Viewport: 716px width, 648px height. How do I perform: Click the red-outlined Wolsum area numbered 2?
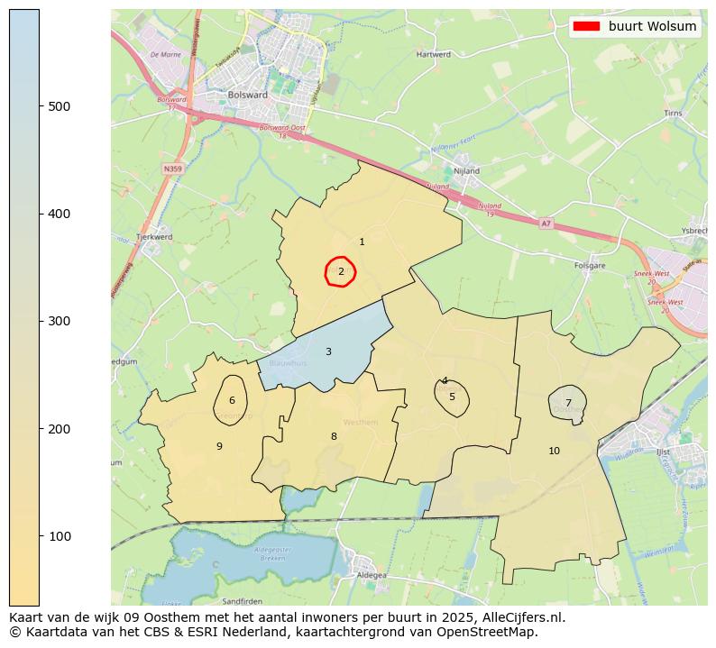point(341,271)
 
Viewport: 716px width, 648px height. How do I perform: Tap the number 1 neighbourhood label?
point(362,242)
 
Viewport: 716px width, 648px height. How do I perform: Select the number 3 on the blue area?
point(328,351)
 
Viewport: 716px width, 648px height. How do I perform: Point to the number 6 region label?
point(232,401)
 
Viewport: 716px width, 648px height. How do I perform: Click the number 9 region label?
point(219,446)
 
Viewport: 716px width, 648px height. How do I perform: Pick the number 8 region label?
point(334,436)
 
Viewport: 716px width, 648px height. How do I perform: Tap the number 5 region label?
point(452,397)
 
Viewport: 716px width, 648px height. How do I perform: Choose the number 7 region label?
point(568,403)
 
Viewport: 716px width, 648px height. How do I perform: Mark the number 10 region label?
point(554,451)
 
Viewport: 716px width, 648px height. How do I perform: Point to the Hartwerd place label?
point(434,55)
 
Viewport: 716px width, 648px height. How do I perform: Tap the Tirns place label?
point(673,114)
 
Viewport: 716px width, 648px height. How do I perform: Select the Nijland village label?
point(467,170)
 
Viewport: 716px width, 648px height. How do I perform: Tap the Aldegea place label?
point(372,574)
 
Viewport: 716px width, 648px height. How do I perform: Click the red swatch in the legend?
point(586,26)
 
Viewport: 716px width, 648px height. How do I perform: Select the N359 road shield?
point(173,169)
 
